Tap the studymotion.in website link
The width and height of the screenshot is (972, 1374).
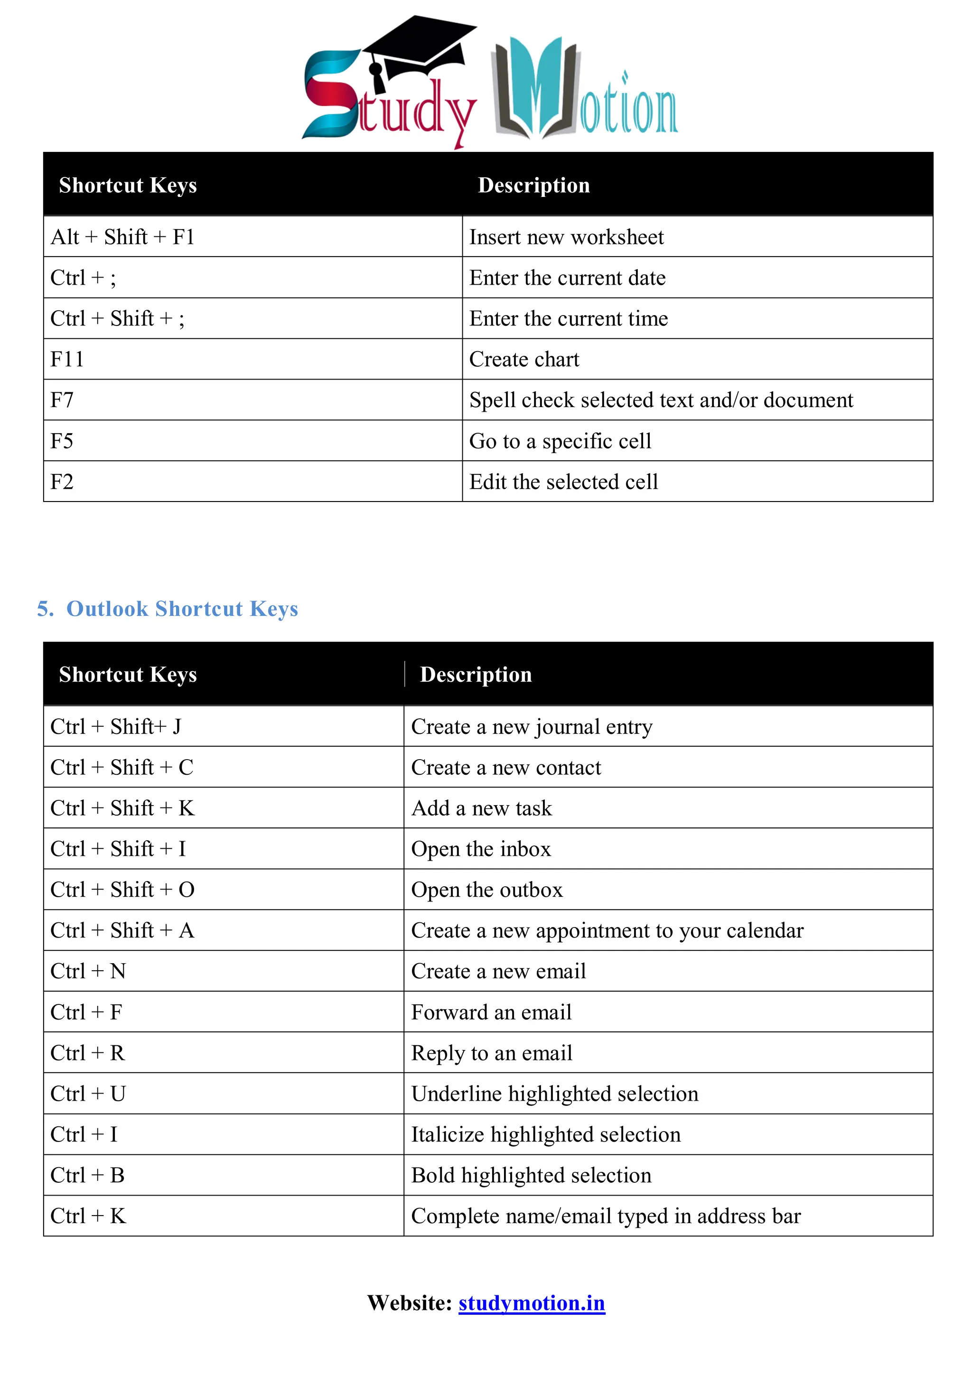pos(532,1303)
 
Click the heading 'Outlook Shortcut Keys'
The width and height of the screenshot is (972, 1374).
pos(181,609)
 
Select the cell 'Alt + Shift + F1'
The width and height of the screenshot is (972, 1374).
pos(123,237)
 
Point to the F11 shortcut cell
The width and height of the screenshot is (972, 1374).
pos(67,359)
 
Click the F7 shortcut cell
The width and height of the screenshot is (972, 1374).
pos(62,400)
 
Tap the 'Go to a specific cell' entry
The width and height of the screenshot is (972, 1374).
pos(560,441)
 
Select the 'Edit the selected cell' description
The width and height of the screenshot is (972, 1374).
pos(563,482)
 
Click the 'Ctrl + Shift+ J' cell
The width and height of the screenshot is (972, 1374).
pos(115,726)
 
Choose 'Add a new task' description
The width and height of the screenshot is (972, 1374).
pos(481,808)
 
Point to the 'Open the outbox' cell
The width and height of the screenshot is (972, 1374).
pos(486,890)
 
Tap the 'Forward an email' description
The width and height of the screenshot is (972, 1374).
pos(491,1012)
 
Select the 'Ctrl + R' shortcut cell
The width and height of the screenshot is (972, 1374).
pos(87,1053)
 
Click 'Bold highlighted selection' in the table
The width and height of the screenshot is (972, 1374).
pos(531,1175)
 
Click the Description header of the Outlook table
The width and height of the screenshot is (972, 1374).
pos(476,675)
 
